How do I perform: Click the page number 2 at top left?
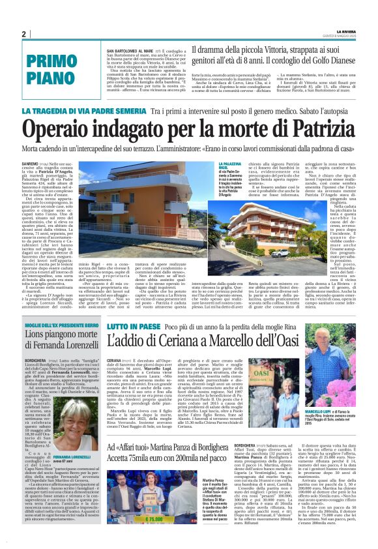(x=23, y=34)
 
